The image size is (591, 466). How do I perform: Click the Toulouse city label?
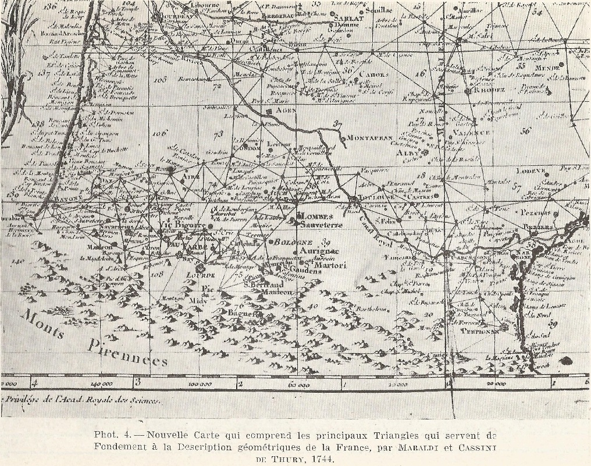[x=379, y=197]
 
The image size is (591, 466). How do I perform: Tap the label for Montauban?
[x=367, y=138]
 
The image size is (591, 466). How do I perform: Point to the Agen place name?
[x=286, y=110]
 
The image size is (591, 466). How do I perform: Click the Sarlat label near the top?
[x=348, y=18]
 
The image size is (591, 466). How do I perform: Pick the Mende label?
[x=547, y=68]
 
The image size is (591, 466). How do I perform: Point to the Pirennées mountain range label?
[x=128, y=354]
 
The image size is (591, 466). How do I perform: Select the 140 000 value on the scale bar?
[x=102, y=385]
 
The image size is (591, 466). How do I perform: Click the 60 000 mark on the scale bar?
[x=298, y=385]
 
